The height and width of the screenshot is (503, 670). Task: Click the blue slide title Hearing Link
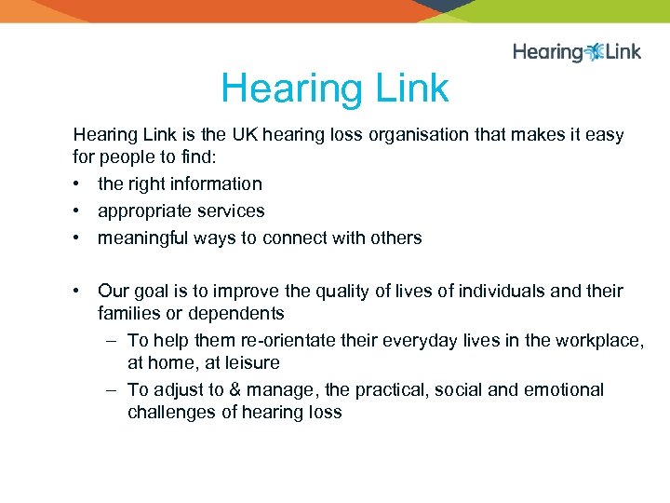click(334, 89)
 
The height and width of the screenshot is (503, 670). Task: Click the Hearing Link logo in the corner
click(576, 52)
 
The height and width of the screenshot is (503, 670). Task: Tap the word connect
click(295, 238)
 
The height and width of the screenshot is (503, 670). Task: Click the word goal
click(150, 292)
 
